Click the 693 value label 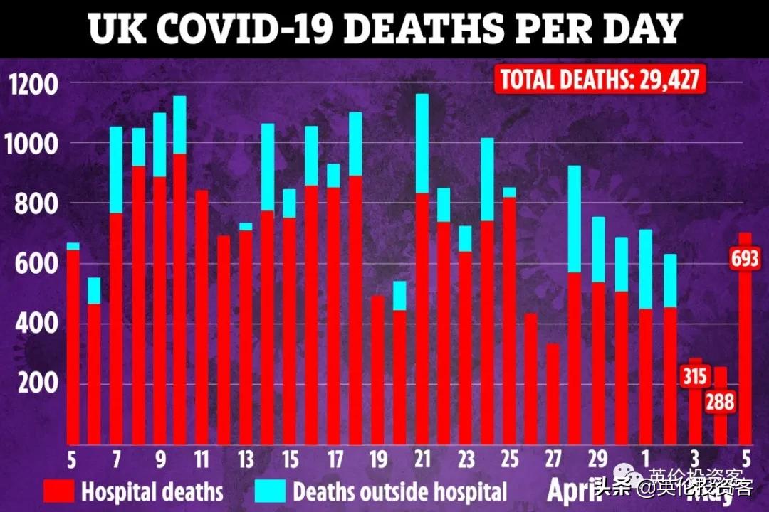click(x=746, y=259)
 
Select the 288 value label click(x=720, y=402)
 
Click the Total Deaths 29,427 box click(x=601, y=79)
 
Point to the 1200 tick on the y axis click(x=31, y=86)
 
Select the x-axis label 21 click(x=422, y=459)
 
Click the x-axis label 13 click(x=245, y=459)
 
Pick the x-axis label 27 click(x=553, y=459)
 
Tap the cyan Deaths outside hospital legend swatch click(x=271, y=491)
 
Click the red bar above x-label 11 click(x=202, y=317)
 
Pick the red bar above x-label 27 click(x=553, y=394)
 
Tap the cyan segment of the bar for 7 click(x=116, y=170)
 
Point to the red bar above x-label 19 click(x=378, y=370)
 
